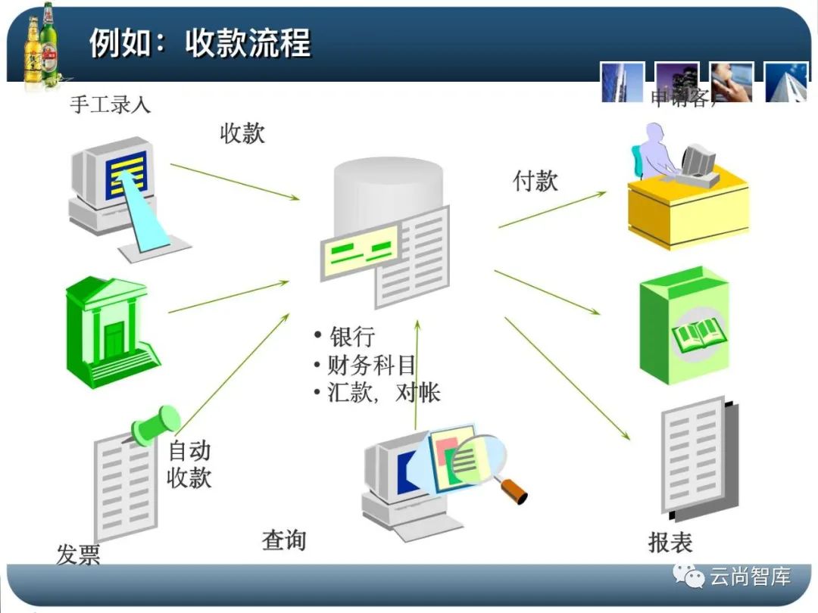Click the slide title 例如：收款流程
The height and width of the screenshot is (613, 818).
click(200, 43)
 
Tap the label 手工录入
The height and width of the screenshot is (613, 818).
click(111, 104)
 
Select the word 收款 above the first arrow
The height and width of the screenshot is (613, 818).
click(242, 134)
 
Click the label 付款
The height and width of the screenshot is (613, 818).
click(535, 181)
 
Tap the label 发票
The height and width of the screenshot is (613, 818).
click(78, 555)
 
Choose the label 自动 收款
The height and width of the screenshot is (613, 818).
click(189, 464)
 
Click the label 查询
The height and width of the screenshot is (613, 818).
click(284, 540)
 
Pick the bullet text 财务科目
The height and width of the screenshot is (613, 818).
click(371, 366)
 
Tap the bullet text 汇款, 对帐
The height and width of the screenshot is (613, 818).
click(383, 393)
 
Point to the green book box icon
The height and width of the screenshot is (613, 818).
click(683, 325)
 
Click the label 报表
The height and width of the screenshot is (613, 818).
click(670, 542)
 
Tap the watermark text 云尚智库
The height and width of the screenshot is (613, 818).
click(750, 577)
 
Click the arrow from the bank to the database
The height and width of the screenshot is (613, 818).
click(227, 297)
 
